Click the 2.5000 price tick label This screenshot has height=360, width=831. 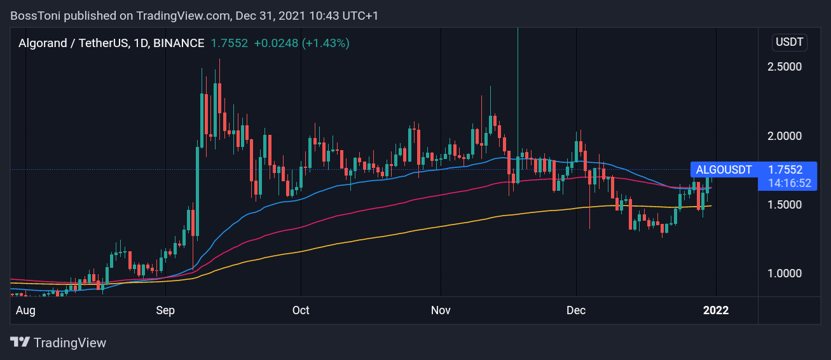(785, 67)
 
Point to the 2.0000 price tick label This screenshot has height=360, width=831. (785, 136)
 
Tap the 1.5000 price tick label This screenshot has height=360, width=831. (785, 205)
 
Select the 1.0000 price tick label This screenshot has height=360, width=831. (785, 273)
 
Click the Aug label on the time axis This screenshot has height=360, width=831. (24, 310)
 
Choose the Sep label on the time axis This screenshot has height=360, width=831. (165, 310)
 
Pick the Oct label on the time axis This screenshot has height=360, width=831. (301, 310)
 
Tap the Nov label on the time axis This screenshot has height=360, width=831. (441, 310)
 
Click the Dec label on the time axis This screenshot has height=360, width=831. (576, 310)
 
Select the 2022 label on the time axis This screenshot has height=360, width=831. (716, 310)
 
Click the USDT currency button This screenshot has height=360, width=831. (789, 43)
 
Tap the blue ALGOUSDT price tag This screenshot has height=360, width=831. (724, 170)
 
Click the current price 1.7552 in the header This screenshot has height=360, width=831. (229, 43)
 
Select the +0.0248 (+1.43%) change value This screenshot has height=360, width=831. (301, 43)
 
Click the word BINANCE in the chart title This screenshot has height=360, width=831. (179, 43)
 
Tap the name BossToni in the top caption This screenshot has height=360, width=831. (36, 15)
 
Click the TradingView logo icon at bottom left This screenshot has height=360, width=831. (20, 342)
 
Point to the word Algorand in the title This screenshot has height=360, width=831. (41, 43)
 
